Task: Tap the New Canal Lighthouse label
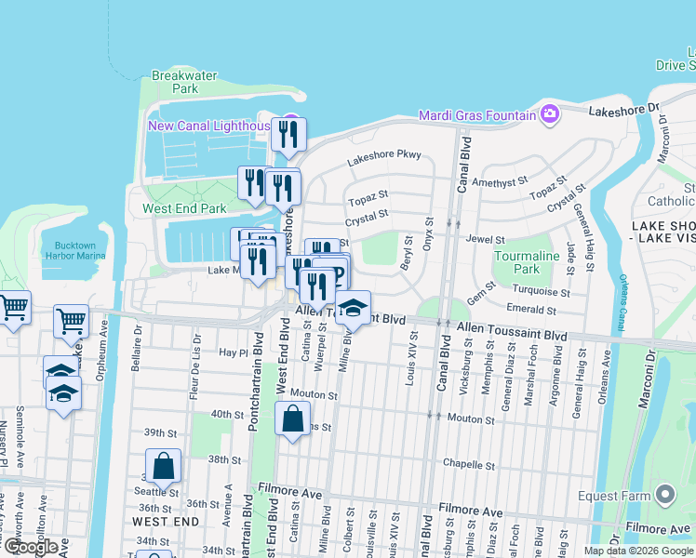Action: tap(208, 126)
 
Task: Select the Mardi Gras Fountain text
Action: tap(477, 114)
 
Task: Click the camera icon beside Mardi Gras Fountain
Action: tap(550, 113)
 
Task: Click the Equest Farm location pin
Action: tap(664, 495)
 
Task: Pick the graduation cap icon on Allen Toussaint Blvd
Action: tap(353, 308)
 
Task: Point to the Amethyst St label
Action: tap(500, 182)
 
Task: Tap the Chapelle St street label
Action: tap(468, 464)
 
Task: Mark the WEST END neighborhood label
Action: tap(167, 522)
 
